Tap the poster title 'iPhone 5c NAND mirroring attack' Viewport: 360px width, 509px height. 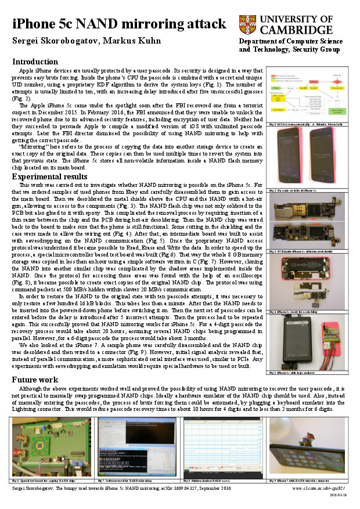click(119, 24)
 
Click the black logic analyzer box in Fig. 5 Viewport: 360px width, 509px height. click(289, 343)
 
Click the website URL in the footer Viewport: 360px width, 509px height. click(319, 489)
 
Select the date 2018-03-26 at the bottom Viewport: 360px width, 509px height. click(338, 495)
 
